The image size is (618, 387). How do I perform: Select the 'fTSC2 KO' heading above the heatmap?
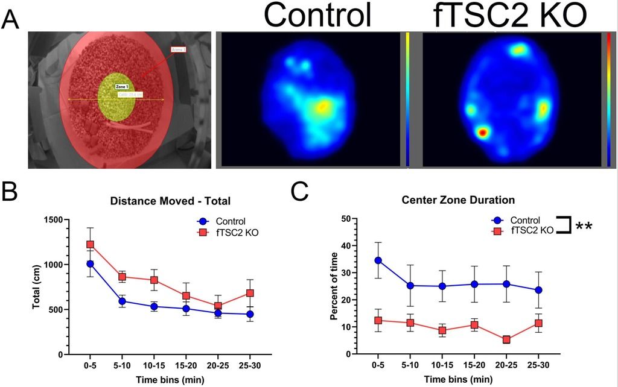pos(510,15)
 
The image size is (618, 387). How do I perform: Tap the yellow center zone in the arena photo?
pos(116,96)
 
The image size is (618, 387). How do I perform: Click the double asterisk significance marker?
pos(583,227)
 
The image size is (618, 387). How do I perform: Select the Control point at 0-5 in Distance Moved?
pos(90,263)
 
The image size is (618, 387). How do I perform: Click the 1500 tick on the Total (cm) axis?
pos(54,219)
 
